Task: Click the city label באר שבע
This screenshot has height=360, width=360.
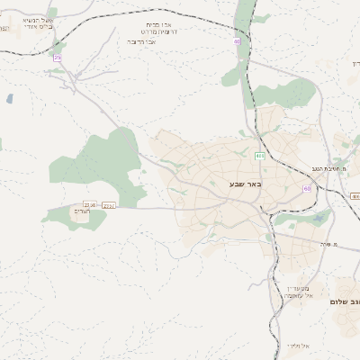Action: point(243,184)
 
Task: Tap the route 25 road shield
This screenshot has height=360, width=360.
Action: point(58,58)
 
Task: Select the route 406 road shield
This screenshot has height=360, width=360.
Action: point(259,156)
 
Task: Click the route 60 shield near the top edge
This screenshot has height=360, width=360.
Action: point(238,40)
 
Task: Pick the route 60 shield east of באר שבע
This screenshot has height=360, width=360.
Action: point(307,188)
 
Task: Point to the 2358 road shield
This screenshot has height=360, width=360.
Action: point(88,205)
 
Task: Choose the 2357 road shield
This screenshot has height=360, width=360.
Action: point(109,205)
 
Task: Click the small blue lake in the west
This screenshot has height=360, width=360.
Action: point(9,98)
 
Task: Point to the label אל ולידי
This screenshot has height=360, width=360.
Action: point(297,346)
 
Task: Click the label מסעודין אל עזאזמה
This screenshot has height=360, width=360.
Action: point(295,291)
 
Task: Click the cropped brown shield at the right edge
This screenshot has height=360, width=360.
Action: point(355,196)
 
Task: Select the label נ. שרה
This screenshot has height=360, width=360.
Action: point(324,244)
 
